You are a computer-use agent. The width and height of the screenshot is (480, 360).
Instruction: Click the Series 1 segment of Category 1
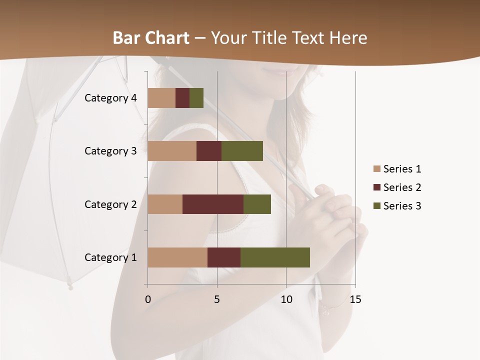pos(177,257)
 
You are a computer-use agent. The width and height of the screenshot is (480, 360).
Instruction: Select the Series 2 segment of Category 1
pos(224,257)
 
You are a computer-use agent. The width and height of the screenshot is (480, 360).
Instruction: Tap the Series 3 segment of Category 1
pos(275,257)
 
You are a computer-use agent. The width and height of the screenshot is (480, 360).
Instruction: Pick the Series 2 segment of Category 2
pos(213,204)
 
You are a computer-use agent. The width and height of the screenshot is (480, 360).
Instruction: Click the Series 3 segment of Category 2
pos(257,204)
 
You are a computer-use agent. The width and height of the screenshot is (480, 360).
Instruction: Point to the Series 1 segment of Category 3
pos(172,151)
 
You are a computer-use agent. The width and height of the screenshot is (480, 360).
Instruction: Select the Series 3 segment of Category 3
pos(242,151)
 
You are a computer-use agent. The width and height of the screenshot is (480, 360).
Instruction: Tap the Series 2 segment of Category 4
pos(182,98)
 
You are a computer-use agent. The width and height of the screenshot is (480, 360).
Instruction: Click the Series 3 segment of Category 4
pos(196,98)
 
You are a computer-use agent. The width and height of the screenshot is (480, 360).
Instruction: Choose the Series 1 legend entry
pos(402,169)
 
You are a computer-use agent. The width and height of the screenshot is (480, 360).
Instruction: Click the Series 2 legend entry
pos(402,187)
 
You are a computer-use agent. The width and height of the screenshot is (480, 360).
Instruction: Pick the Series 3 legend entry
pos(402,206)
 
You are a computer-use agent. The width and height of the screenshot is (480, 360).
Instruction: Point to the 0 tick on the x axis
pos(148,300)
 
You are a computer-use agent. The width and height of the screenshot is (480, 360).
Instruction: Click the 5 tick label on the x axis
pos(217,300)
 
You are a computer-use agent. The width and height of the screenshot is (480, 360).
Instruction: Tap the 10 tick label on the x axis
pos(286,300)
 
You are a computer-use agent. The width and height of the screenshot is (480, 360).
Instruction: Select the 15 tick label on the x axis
pos(355,300)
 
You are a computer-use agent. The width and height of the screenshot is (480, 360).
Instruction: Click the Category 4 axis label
pos(110,98)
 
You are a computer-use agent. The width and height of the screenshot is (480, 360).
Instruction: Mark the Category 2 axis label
pos(110,204)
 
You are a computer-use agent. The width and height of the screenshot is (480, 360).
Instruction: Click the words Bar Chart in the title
pos(150,38)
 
